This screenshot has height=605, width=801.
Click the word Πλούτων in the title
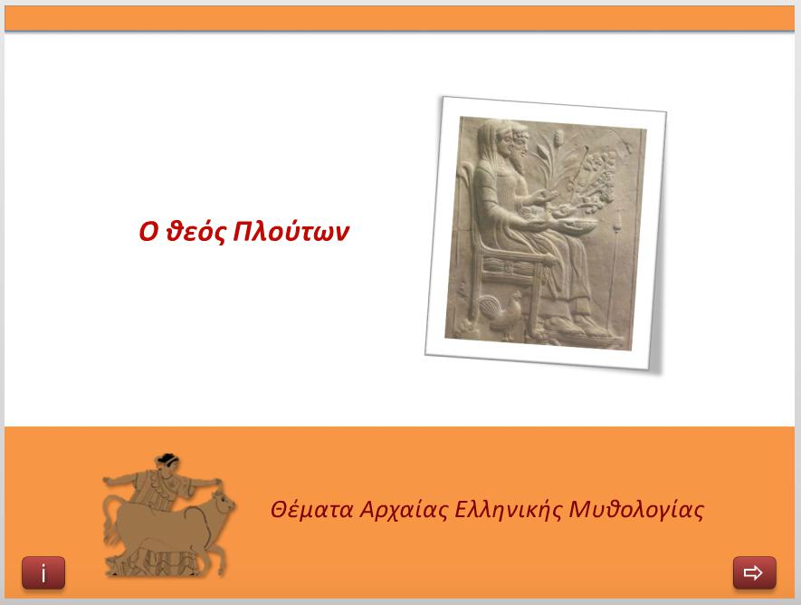291,232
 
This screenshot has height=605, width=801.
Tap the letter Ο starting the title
148,232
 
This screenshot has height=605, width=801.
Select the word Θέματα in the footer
311,509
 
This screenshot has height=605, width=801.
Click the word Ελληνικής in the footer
507,510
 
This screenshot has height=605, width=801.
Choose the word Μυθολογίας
636,510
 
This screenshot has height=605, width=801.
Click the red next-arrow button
755,572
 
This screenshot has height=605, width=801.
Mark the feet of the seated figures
577,327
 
